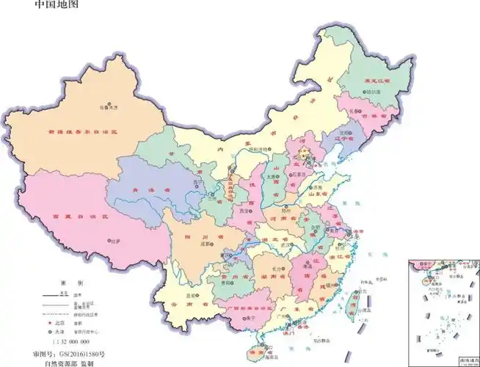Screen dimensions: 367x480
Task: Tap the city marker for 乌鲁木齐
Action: [110, 104]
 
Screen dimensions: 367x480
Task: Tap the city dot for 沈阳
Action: [343, 134]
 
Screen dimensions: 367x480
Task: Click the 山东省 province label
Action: [318, 190]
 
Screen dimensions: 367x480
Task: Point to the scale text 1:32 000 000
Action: [69, 342]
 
